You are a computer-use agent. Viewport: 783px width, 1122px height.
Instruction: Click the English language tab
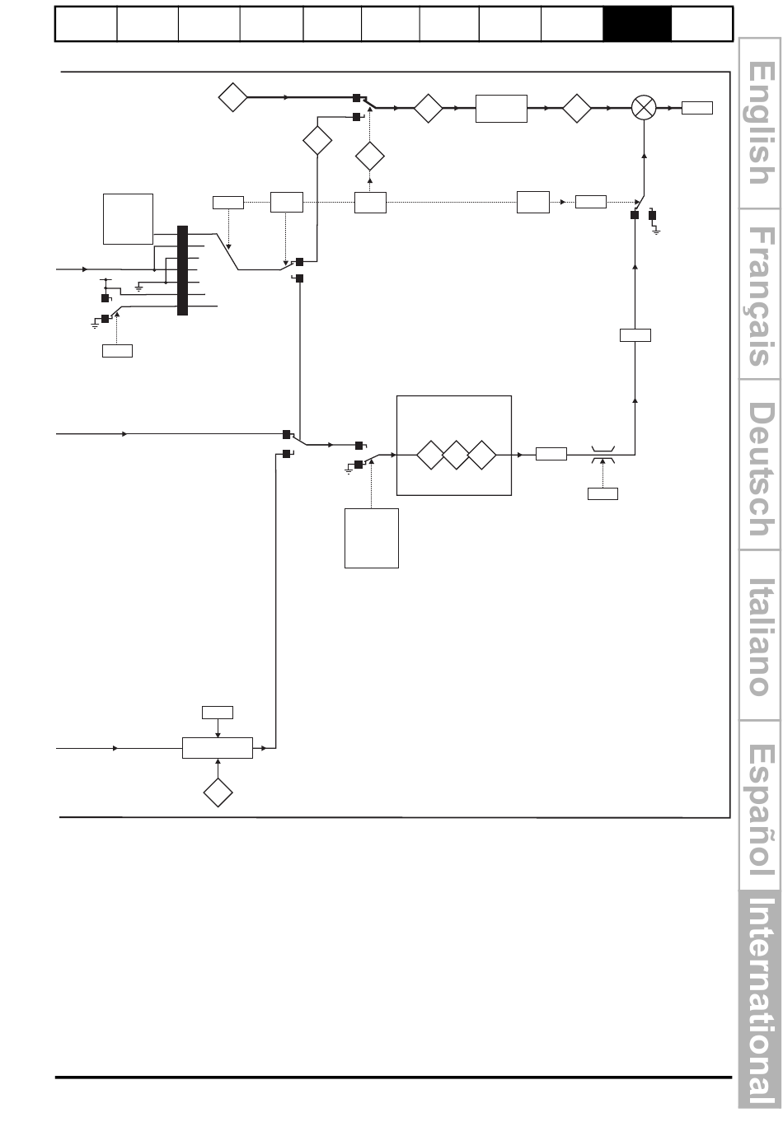pyautogui.click(x=760, y=124)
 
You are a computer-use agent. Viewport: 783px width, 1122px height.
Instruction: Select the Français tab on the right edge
pyautogui.click(x=760, y=294)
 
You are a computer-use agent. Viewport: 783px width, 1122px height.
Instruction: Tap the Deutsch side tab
pyautogui.click(x=760, y=465)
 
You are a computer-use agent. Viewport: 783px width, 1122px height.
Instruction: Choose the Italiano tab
pyautogui.click(x=760, y=636)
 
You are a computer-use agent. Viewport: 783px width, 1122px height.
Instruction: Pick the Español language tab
pyautogui.click(x=760, y=806)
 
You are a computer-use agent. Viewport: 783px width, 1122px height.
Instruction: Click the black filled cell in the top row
pyautogui.click(x=636, y=24)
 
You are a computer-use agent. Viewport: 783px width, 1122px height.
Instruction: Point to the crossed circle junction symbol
pyautogui.click(x=644, y=108)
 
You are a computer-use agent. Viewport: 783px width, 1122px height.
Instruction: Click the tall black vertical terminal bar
pyautogui.click(x=182, y=270)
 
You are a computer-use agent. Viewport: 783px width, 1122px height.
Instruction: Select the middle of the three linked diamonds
pyautogui.click(x=456, y=455)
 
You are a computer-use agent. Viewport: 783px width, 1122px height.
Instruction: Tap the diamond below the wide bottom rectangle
pyautogui.click(x=218, y=792)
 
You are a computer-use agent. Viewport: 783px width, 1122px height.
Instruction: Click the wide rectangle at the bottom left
pyautogui.click(x=218, y=748)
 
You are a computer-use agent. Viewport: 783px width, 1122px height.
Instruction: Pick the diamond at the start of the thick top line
pyautogui.click(x=233, y=97)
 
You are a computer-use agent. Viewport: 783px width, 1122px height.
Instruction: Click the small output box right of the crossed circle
pyautogui.click(x=696, y=108)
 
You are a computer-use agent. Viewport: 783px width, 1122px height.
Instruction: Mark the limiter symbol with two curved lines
pyautogui.click(x=603, y=455)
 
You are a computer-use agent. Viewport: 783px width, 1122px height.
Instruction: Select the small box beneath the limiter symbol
pyautogui.click(x=602, y=494)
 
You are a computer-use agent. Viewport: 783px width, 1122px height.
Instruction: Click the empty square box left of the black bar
pyautogui.click(x=129, y=219)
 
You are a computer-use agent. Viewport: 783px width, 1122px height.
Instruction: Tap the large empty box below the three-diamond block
pyautogui.click(x=372, y=539)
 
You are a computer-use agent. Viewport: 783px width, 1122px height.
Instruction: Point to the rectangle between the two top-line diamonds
pyautogui.click(x=501, y=108)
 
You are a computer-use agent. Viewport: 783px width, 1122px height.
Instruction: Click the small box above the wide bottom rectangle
pyautogui.click(x=218, y=713)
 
